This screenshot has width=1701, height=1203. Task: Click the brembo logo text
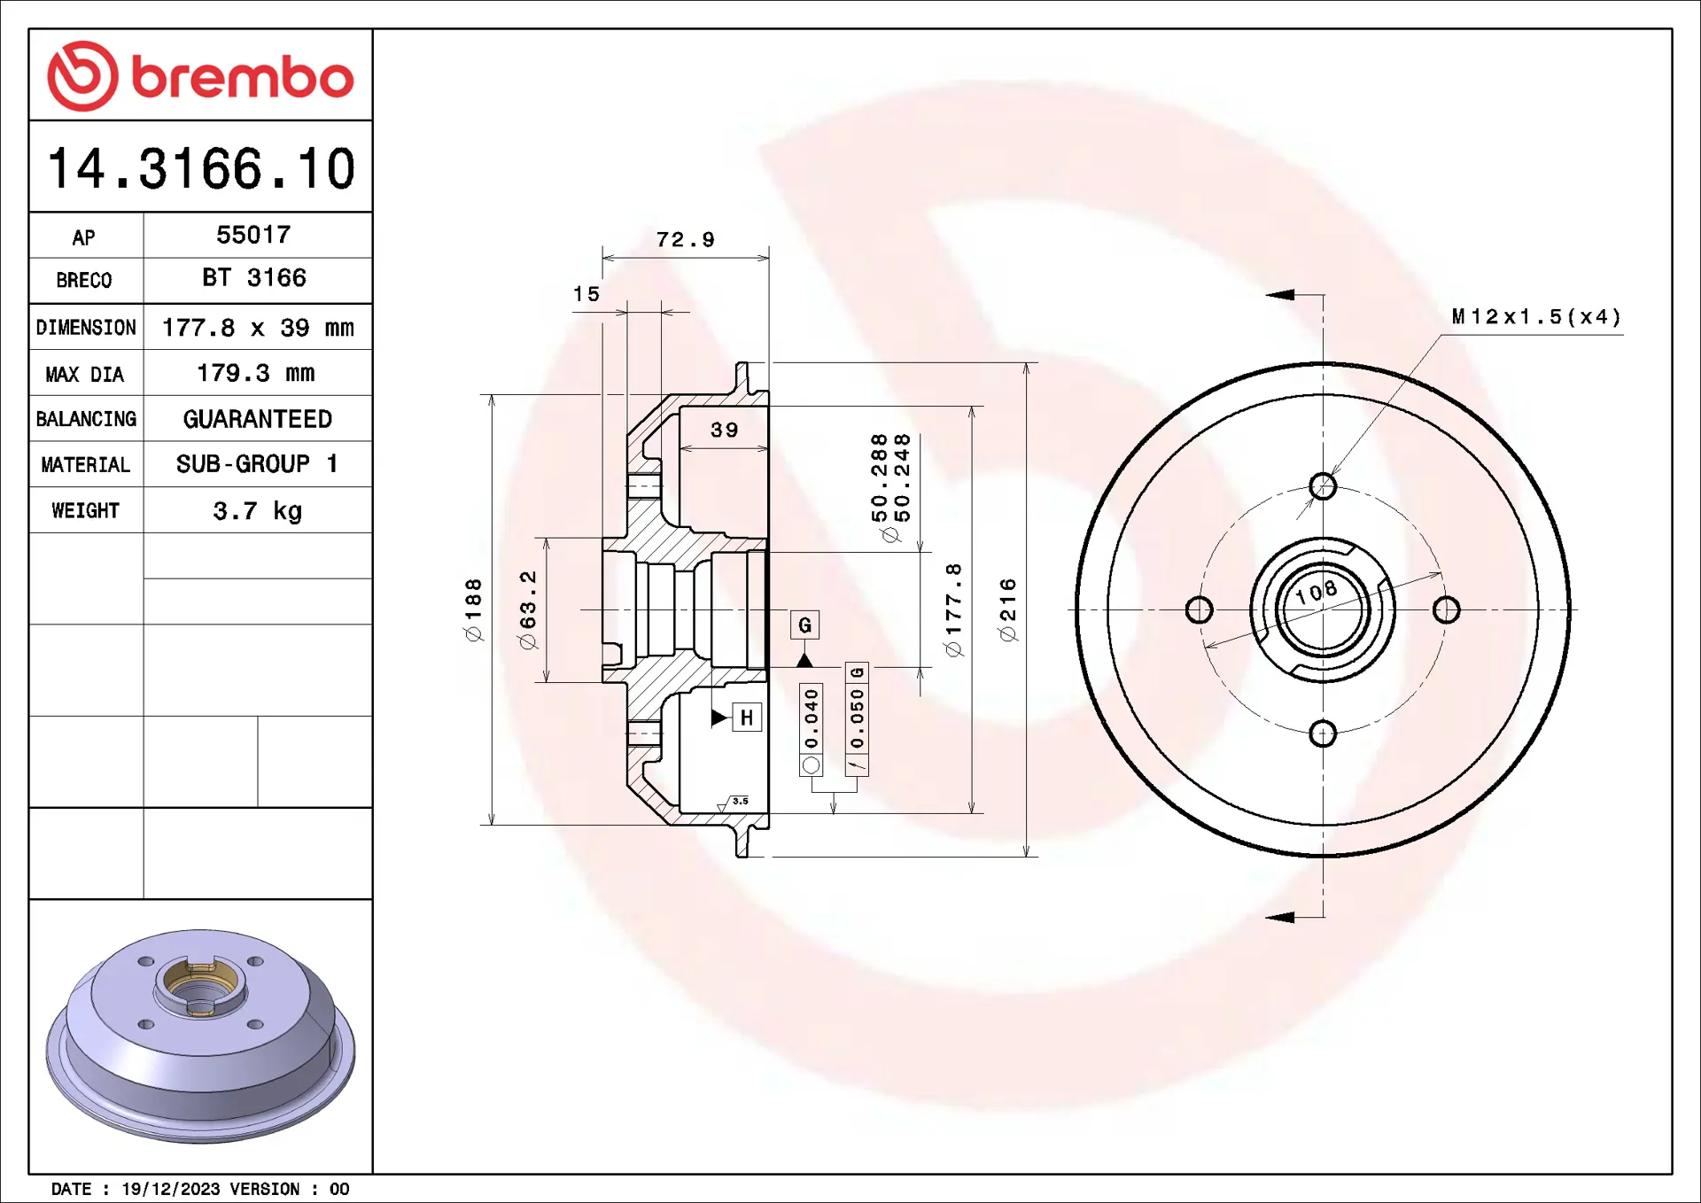click(243, 77)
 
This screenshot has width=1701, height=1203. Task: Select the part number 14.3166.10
click(201, 168)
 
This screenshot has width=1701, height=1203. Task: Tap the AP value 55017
click(253, 235)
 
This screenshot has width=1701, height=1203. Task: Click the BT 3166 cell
click(254, 278)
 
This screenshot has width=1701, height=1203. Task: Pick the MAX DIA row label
click(85, 375)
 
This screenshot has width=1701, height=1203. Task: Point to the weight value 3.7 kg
click(257, 511)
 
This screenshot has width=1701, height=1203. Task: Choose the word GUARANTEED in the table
click(258, 419)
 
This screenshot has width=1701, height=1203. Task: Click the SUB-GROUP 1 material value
click(257, 464)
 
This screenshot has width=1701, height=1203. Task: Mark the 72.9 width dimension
click(685, 240)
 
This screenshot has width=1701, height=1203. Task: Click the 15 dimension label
click(586, 294)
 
